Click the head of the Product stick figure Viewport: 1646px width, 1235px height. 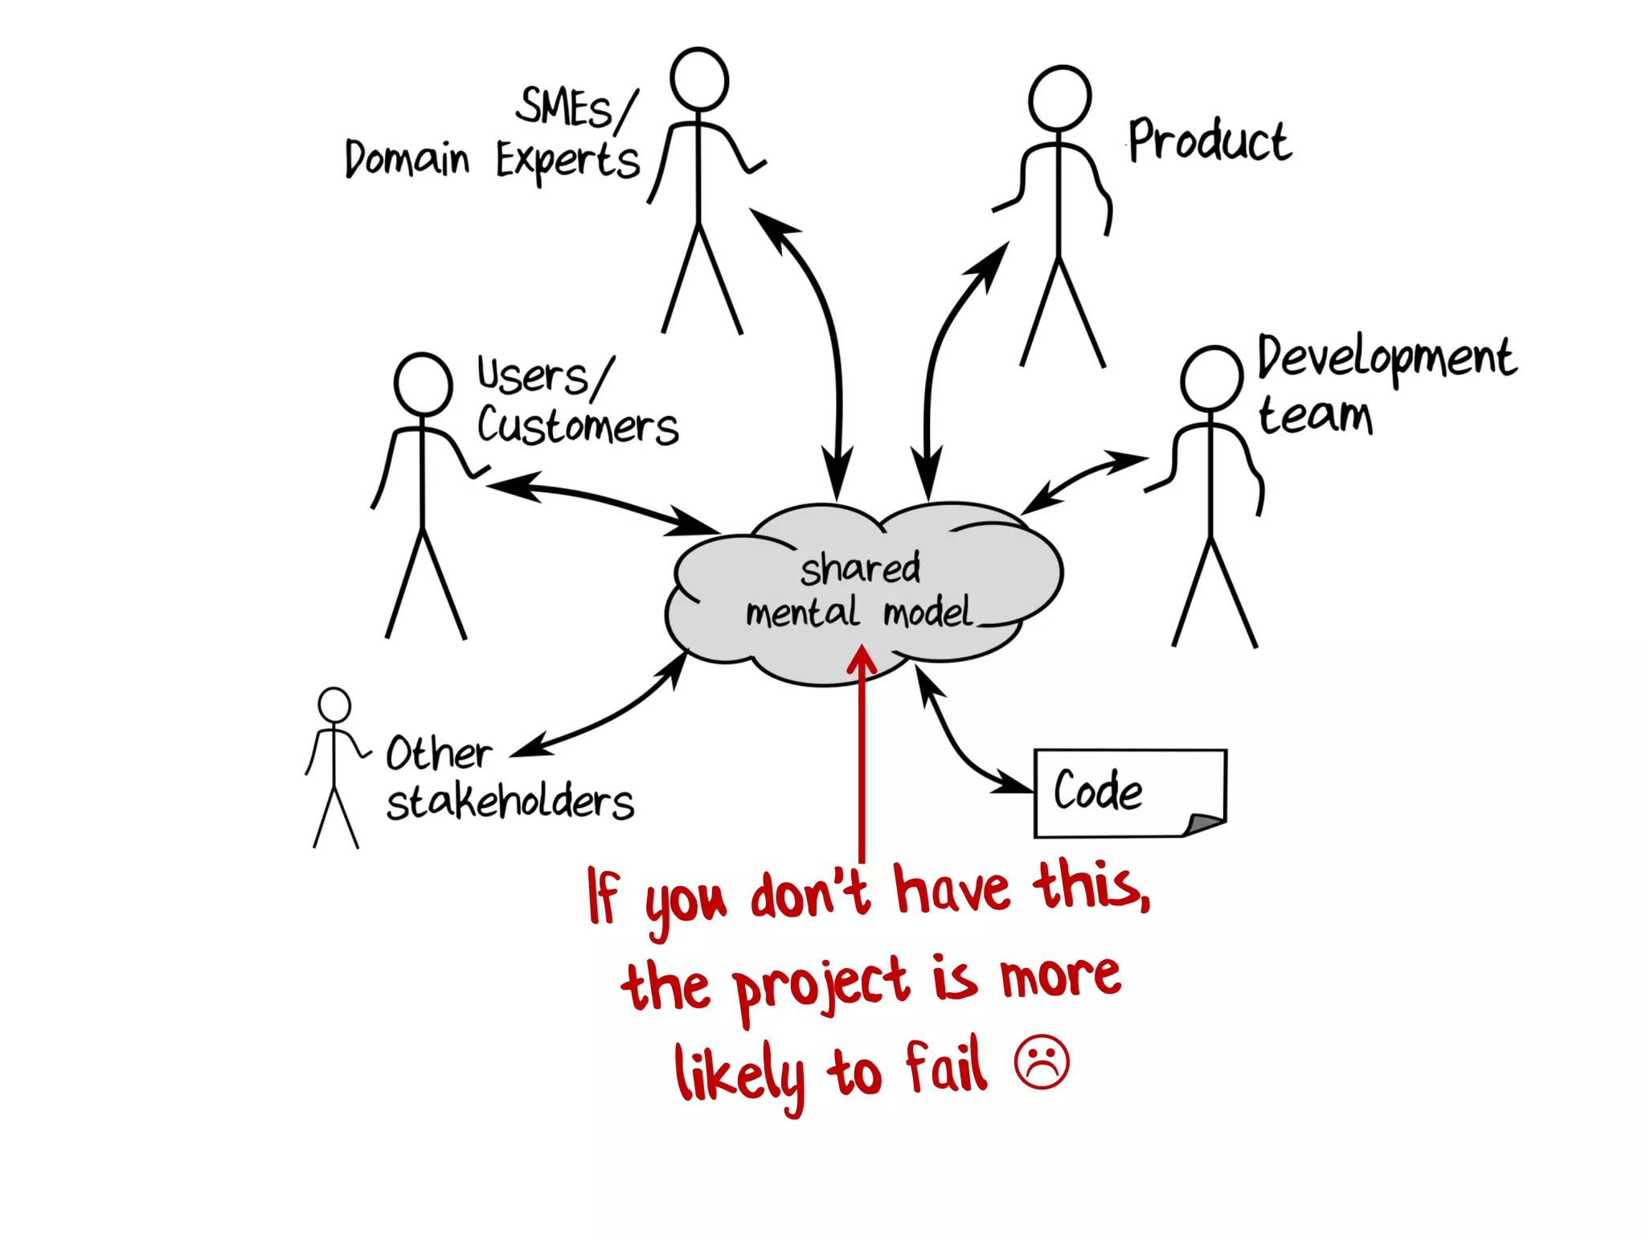point(1060,97)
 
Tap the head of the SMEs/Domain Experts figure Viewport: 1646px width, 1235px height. point(699,79)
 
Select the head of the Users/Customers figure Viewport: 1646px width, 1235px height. point(423,384)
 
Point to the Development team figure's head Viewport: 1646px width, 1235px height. point(1211,378)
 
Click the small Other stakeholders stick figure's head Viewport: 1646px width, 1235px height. point(334,705)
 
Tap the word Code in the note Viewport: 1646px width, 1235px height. point(1098,790)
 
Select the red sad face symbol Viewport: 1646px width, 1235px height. point(1042,1062)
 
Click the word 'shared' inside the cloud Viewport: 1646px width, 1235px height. point(860,568)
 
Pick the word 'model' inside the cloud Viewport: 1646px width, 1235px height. point(928,613)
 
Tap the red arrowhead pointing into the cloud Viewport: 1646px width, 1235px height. point(862,659)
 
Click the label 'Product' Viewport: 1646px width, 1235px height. point(1210,141)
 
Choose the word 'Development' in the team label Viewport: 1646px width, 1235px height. point(1386,358)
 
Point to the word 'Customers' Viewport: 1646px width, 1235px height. point(578,425)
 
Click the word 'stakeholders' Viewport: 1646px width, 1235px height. point(510,802)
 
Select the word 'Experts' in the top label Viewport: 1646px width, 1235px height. point(567,161)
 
